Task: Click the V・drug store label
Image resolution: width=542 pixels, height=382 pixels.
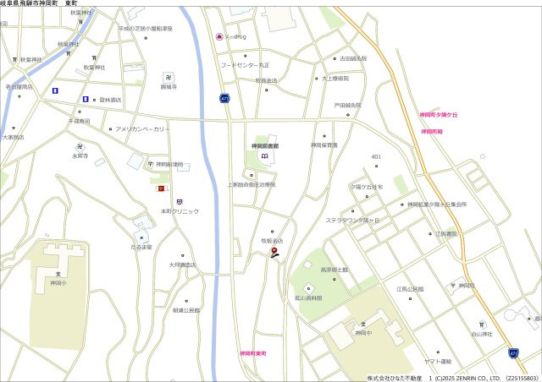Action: click(x=235, y=36)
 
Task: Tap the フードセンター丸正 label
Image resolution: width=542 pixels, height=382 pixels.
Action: click(x=245, y=65)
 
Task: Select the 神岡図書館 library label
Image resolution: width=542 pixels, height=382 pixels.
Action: click(x=265, y=146)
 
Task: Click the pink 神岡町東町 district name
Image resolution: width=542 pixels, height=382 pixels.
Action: click(x=252, y=352)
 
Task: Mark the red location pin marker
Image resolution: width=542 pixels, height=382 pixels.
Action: click(x=274, y=252)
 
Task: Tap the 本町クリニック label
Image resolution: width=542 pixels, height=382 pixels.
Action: click(x=179, y=210)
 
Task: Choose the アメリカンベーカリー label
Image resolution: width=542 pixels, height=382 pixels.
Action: click(x=142, y=129)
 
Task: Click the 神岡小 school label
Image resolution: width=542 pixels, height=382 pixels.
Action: click(x=58, y=284)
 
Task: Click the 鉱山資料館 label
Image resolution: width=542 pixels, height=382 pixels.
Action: click(x=308, y=298)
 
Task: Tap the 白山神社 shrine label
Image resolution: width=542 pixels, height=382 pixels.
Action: click(x=482, y=334)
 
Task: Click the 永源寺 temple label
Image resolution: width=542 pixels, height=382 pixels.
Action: click(x=80, y=156)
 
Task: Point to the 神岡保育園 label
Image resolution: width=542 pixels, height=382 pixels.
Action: click(x=324, y=145)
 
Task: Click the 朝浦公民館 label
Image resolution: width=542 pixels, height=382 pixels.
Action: click(x=186, y=310)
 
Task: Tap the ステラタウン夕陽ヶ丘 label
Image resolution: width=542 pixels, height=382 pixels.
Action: click(x=354, y=221)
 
